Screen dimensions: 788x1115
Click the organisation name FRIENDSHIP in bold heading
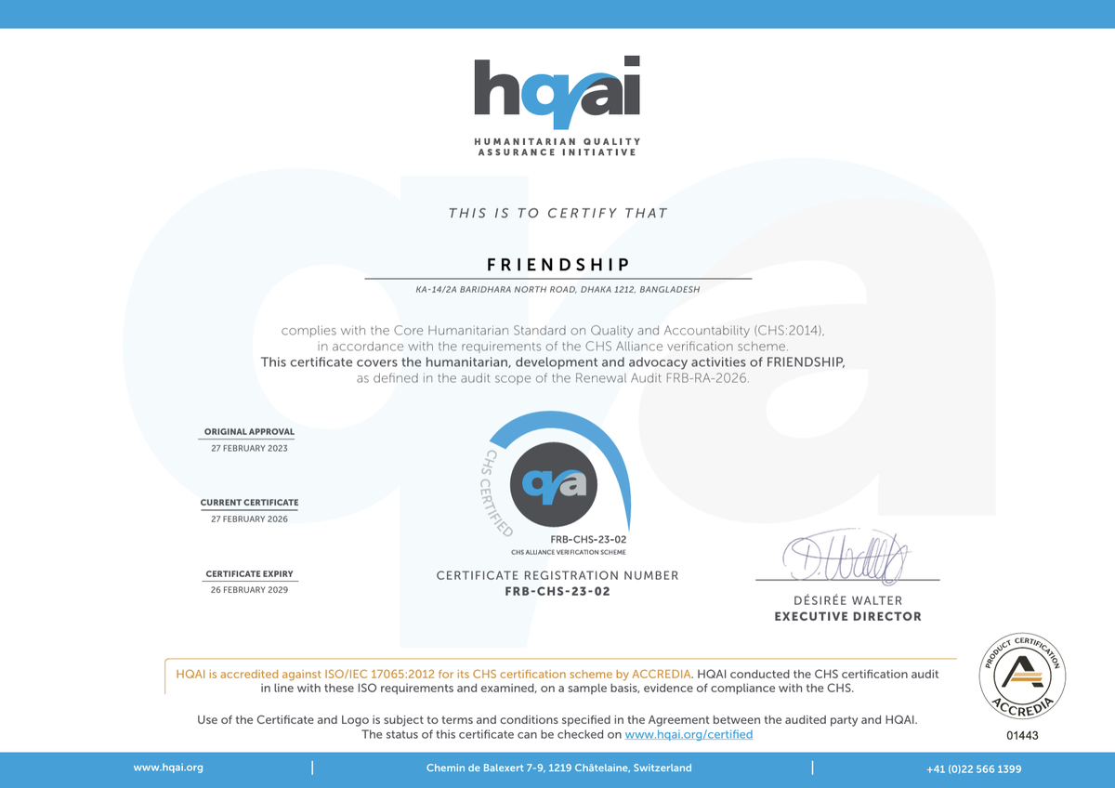557,265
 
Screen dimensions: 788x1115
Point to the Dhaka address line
557,289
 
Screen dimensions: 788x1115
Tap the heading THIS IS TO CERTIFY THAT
557,213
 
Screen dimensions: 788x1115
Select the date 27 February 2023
249,448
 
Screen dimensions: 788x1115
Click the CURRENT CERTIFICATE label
249,503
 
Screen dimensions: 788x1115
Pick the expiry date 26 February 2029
249,590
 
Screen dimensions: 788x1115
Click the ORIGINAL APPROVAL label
249,431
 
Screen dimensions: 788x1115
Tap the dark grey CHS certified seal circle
555,484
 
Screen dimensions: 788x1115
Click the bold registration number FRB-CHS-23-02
557,591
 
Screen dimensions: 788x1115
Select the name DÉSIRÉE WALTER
847,600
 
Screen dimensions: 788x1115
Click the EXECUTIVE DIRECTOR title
847,616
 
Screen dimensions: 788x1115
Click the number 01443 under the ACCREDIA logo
1022,735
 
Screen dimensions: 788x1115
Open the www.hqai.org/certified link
689,734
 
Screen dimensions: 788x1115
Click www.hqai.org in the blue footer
168,768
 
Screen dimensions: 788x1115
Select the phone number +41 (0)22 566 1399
974,768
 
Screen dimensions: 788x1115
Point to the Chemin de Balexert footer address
558,768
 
